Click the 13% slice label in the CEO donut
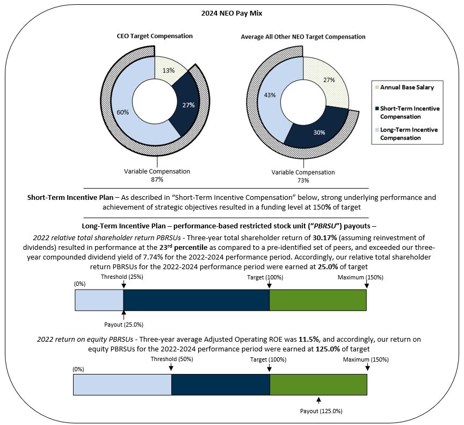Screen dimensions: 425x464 pyautogui.click(x=168, y=69)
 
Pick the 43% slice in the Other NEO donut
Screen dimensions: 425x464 pyautogui.click(x=270, y=95)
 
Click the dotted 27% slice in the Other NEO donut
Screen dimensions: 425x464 pyautogui.click(x=329, y=80)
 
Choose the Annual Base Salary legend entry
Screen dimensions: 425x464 pyautogui.click(x=404, y=87)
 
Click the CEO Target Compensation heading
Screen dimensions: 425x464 pyautogui.click(x=155, y=37)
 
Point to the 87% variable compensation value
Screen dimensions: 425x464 pyautogui.click(x=157, y=179)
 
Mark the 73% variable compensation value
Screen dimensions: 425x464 pyautogui.click(x=303, y=180)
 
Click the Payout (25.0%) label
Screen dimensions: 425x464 pyautogui.click(x=124, y=325)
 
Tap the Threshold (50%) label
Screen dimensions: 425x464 pyautogui.click(x=170, y=359)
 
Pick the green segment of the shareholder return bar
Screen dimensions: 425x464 pyautogui.click(x=317, y=300)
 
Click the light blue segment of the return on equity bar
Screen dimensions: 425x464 pyautogui.click(x=122, y=385)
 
